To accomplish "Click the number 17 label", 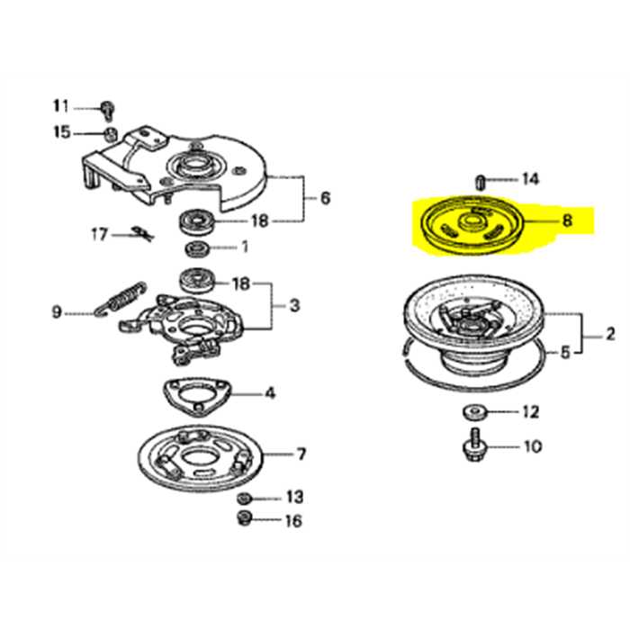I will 99,235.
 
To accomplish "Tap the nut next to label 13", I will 244,498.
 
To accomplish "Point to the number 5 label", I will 565,354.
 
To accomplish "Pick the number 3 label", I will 295,306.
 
